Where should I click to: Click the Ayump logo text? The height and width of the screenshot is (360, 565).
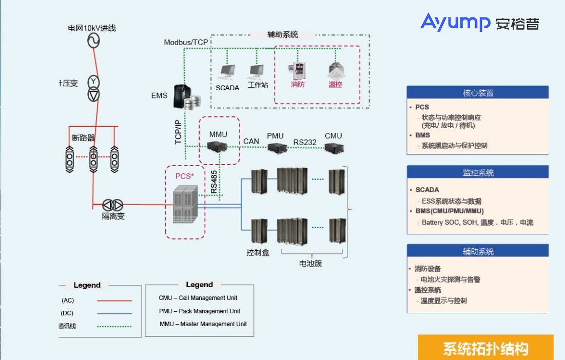455,23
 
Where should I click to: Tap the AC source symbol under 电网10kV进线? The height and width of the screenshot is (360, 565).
93,41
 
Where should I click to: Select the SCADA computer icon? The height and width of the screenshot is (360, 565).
227,72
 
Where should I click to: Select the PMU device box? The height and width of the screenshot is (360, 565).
276,148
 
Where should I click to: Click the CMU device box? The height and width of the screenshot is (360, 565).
334,148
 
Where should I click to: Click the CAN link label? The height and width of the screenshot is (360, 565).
251,141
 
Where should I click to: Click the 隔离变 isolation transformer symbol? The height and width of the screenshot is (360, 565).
113,204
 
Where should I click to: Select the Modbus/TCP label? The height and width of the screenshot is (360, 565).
186,42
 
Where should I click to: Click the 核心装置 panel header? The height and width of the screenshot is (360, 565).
477,93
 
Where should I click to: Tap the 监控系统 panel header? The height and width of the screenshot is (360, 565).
477,173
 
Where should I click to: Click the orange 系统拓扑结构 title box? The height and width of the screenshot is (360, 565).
485,348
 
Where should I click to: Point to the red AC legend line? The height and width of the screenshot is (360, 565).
114,301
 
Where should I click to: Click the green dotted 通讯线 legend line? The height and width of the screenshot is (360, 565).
114,326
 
